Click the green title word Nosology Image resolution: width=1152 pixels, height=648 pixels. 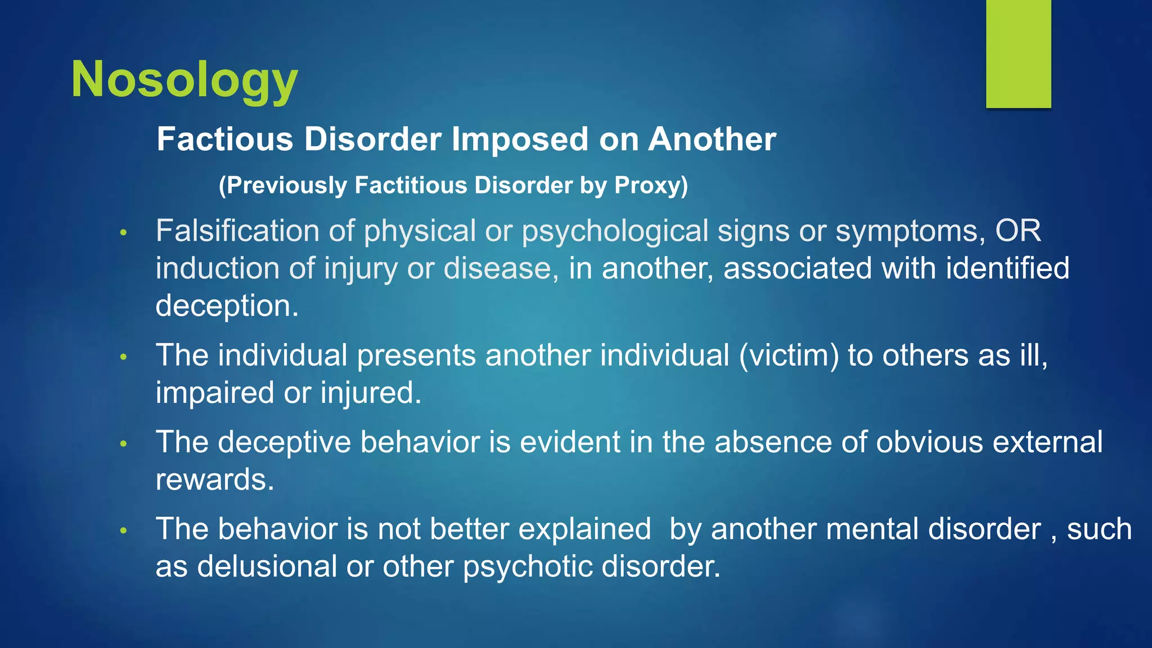click(x=184, y=80)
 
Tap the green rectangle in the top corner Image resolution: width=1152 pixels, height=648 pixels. click(x=1018, y=53)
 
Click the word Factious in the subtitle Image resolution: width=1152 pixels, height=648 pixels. click(x=225, y=139)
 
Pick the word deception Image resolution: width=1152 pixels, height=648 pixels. click(x=227, y=305)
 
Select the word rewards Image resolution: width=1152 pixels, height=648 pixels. click(x=214, y=480)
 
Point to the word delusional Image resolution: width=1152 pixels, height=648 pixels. click(x=267, y=566)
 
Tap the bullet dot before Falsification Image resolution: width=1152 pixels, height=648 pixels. click(x=124, y=232)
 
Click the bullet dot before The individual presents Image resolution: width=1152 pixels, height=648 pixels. click(x=124, y=357)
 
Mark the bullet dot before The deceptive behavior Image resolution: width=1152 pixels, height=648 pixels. click(x=124, y=444)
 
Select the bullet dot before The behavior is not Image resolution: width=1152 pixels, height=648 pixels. click(x=124, y=530)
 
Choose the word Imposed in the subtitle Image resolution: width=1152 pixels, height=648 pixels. click(x=520, y=139)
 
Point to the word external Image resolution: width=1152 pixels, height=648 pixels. click(x=1047, y=442)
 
